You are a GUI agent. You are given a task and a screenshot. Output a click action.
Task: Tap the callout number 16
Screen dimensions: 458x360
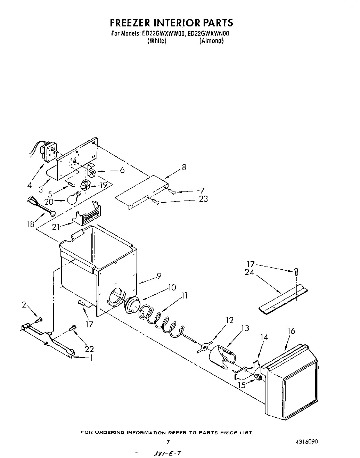(291, 331)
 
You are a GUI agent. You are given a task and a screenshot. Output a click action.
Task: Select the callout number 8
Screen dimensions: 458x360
(184, 167)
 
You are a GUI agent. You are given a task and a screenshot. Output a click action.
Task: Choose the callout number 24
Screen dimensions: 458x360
(249, 272)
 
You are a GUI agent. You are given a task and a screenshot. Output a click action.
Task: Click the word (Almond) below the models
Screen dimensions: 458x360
(211, 41)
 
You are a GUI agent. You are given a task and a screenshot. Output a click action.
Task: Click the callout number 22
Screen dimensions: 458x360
(89, 349)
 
